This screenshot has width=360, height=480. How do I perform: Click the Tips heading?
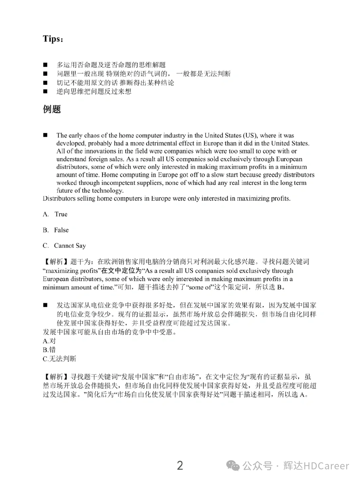[52, 39]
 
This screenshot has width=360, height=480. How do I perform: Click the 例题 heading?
[52, 109]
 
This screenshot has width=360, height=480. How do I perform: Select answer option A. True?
[55, 214]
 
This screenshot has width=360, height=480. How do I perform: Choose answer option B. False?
[56, 230]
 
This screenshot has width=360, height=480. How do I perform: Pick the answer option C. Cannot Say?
[64, 246]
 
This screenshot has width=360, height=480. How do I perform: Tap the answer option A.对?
[49, 341]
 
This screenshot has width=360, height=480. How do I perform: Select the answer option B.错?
[49, 350]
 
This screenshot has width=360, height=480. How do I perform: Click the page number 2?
[180, 465]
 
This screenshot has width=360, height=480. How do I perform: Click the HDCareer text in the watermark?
[326, 466]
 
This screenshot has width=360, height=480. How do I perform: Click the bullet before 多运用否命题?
[45, 65]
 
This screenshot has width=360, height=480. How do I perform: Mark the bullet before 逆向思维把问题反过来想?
[45, 91]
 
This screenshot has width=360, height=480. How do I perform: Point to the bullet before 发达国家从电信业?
[45, 305]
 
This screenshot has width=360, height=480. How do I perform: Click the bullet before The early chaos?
[45, 135]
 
